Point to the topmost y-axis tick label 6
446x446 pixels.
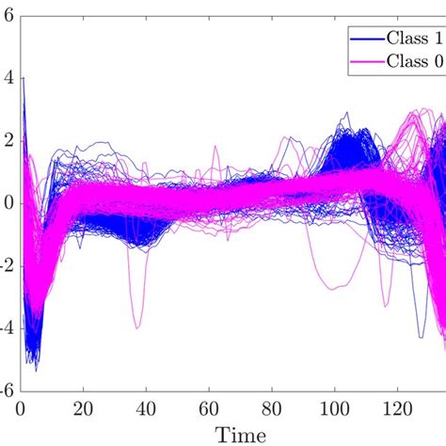pos(8,16)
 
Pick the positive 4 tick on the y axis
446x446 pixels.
pos(8,78)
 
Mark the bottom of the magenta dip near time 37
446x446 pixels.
pos(137,327)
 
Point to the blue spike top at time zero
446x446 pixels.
pos(23,78)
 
